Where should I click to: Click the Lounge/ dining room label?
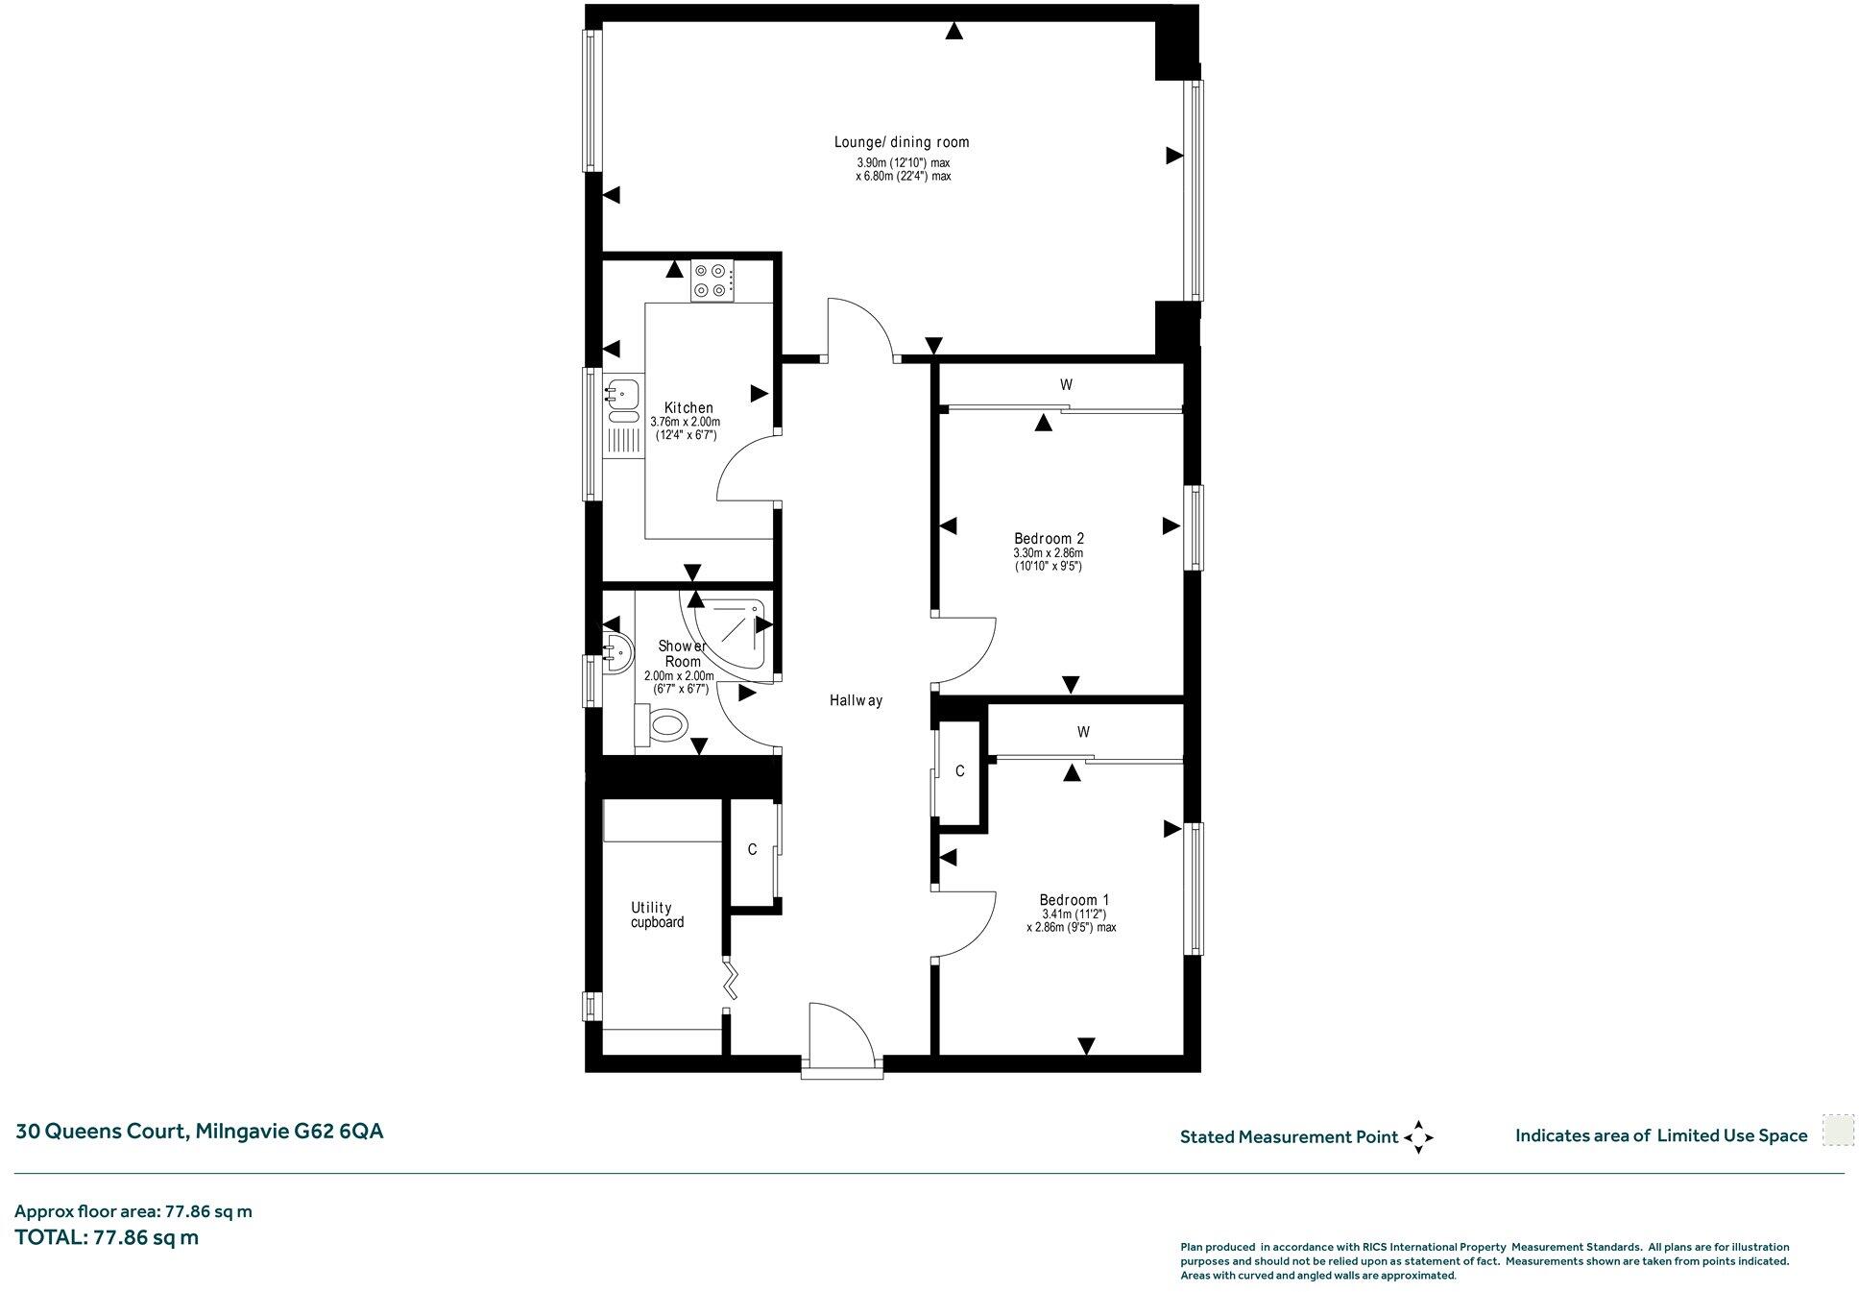901,142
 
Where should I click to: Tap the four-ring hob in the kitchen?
712,280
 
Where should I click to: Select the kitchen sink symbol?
623,392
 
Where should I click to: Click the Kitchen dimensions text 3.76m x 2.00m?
685,422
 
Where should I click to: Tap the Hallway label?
855,701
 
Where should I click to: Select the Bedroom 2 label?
1049,538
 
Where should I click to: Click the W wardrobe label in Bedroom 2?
1066,385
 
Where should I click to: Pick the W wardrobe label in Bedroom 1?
1083,732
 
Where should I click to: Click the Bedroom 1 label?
1074,900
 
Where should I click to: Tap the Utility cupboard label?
657,914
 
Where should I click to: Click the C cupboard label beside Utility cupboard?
753,849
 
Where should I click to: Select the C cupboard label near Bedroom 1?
959,771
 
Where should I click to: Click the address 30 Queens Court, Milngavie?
199,1132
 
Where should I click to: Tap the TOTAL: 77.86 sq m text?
107,1237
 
